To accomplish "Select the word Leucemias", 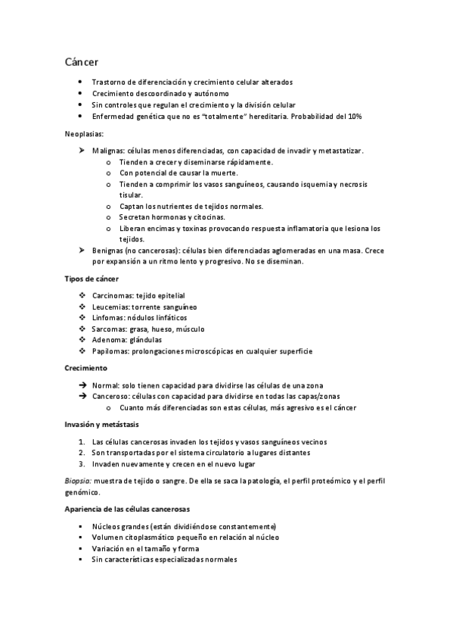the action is point(110,307).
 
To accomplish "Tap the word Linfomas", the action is point(109,318).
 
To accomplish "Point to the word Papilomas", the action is point(110,351).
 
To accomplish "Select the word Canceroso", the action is point(111,396).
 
